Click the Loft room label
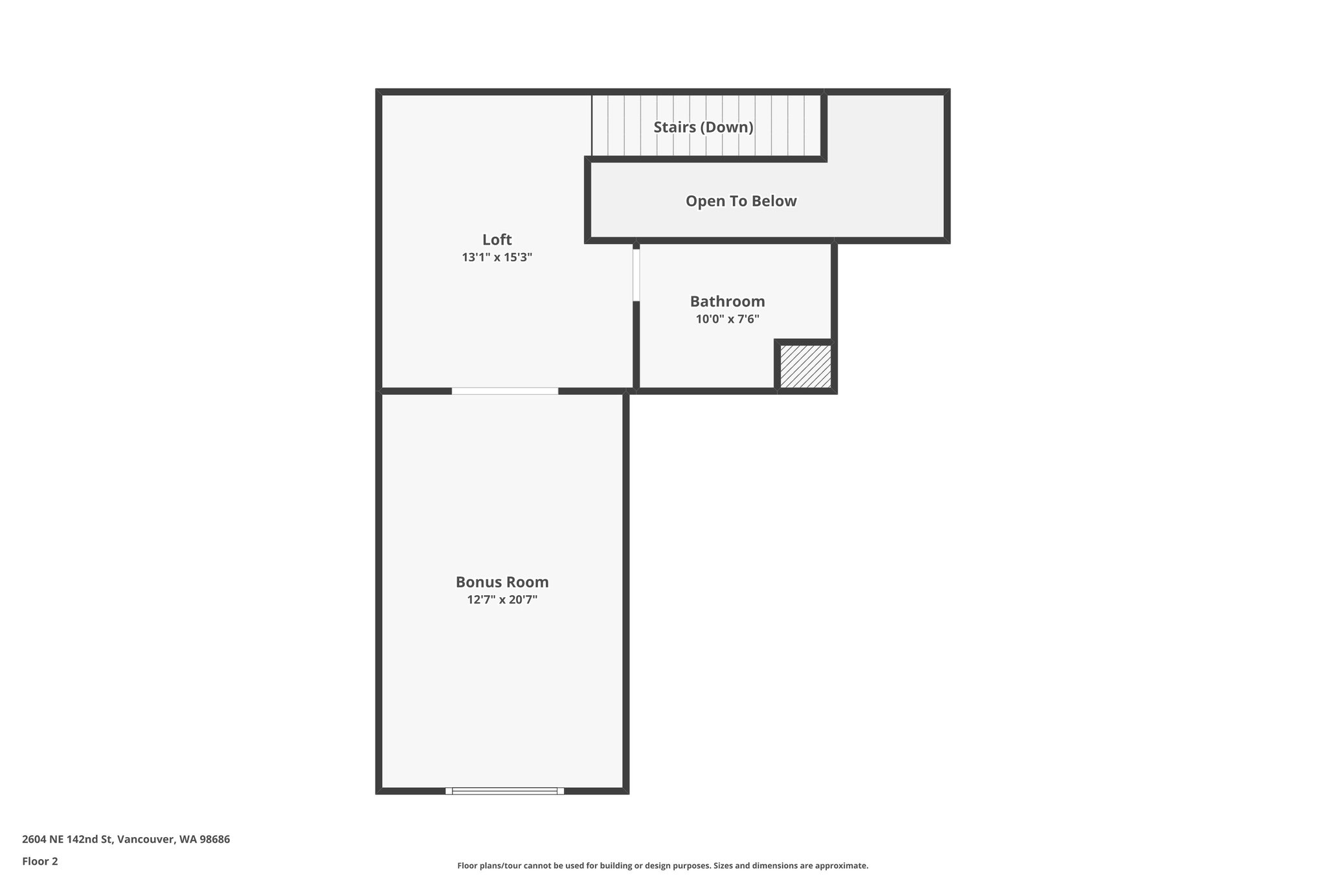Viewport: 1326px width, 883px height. (497, 239)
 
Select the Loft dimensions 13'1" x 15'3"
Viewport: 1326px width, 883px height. (497, 257)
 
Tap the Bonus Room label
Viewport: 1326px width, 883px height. (502, 582)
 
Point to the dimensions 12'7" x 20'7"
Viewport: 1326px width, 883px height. (502, 600)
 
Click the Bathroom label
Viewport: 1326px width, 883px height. (727, 301)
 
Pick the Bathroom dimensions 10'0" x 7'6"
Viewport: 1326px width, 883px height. (727, 319)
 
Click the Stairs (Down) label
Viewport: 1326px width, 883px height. (703, 127)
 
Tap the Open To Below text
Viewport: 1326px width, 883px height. (741, 201)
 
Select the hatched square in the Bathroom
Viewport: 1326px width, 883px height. (805, 366)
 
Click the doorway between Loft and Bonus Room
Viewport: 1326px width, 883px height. (504, 391)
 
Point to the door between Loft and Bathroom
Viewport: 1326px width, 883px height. (636, 275)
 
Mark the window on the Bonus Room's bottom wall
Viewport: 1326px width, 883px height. (504, 790)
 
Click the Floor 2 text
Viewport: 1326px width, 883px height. (40, 861)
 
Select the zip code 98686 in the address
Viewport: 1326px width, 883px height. (215, 840)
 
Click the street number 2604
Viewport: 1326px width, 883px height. (34, 840)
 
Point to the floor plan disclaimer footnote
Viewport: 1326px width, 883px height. (662, 866)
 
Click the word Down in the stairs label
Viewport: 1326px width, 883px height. (730, 127)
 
